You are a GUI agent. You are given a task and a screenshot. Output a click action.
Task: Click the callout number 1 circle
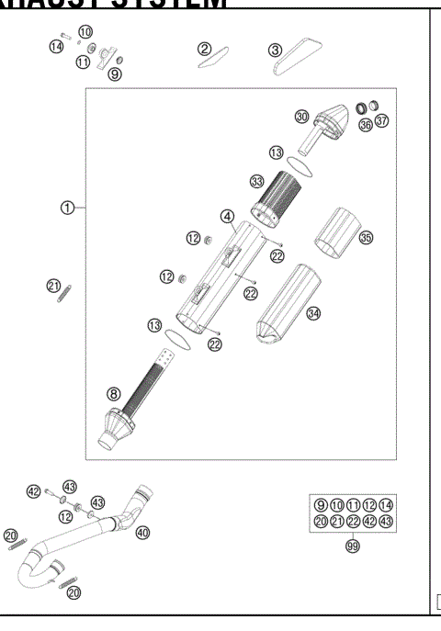pos(66,208)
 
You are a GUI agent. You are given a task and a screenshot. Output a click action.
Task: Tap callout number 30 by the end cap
pos(301,117)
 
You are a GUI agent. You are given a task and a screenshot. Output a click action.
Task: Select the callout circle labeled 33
pos(257,181)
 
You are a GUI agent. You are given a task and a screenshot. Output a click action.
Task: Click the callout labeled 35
pos(366,238)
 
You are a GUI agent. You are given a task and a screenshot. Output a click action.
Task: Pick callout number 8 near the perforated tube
pos(114,394)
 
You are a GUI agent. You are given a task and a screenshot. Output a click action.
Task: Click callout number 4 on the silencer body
pos(225,218)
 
